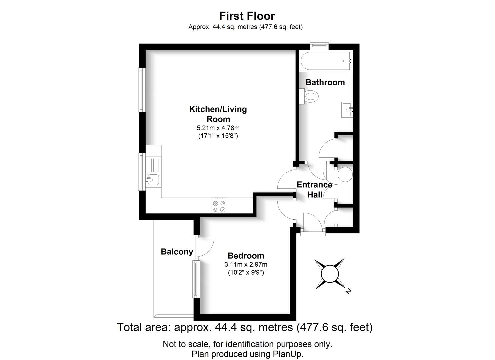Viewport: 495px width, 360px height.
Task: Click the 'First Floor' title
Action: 247,16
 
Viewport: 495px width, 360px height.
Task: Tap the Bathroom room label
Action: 325,82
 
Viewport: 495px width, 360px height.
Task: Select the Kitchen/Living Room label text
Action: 218,114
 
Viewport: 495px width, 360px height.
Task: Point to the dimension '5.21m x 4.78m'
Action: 218,128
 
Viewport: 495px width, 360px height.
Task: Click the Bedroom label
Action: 246,256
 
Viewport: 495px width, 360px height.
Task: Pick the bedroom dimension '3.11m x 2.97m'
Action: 246,265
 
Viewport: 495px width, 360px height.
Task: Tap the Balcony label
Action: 177,252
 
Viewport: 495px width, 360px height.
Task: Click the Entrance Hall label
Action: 314,189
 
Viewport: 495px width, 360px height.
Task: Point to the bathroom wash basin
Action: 347,109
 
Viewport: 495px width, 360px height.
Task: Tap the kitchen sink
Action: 153,180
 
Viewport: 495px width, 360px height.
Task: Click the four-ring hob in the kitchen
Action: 219,206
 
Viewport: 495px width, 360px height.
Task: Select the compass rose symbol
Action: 330,274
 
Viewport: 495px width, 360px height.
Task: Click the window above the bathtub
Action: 319,45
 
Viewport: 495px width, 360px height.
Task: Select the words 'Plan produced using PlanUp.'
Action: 247,354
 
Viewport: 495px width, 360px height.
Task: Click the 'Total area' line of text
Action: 244,327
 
